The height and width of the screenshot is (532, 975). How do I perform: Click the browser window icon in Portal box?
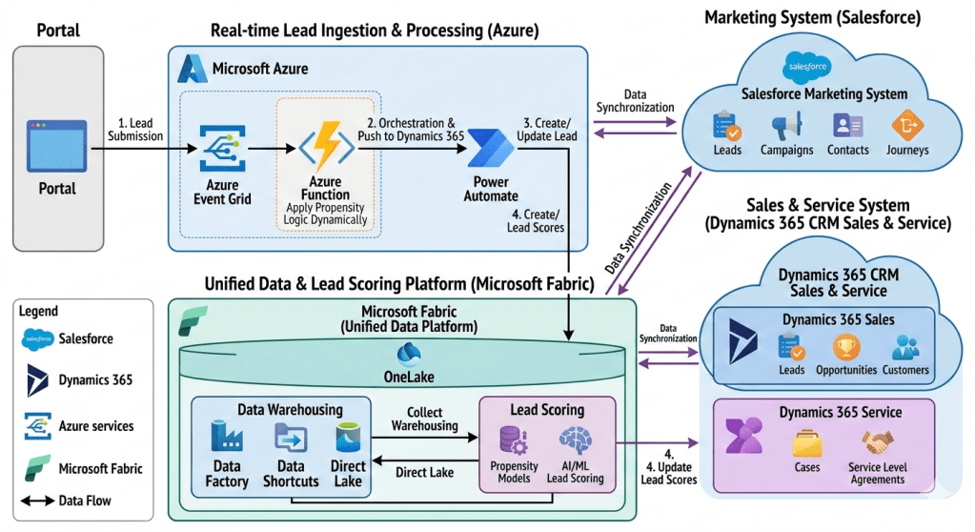point(58,145)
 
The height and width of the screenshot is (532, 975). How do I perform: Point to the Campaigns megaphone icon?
point(786,126)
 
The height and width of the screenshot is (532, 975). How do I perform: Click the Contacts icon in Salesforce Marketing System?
point(847,126)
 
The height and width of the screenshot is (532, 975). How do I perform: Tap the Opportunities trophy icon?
point(845,348)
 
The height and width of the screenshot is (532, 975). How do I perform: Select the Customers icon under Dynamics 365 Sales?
point(904,348)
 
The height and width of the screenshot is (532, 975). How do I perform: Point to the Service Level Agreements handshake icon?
point(877,443)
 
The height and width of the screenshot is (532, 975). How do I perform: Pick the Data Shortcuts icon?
point(290,439)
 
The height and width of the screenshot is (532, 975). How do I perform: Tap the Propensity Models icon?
point(514,440)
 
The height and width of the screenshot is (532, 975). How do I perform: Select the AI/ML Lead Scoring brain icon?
point(576,440)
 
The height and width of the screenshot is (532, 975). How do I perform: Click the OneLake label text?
point(409,377)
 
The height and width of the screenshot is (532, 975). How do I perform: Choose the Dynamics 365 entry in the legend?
point(95,379)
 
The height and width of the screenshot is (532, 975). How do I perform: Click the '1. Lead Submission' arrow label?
point(141,129)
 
